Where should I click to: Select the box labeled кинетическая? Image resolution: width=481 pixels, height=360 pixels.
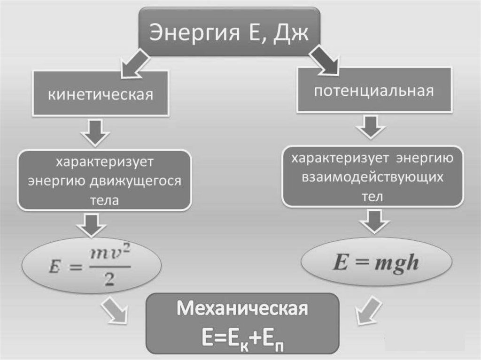coord(100,94)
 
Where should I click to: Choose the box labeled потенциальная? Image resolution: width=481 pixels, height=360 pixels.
coord(373,91)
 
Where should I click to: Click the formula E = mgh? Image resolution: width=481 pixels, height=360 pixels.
coord(375,263)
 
